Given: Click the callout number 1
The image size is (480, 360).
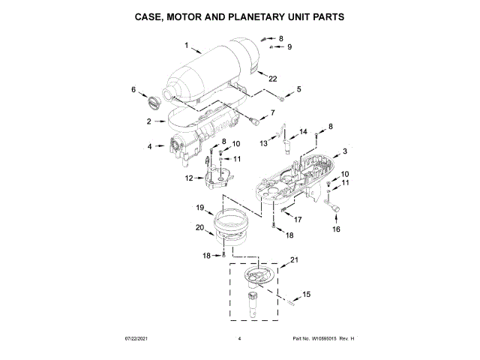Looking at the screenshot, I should [x=187, y=46].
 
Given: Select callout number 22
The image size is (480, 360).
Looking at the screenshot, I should [x=273, y=78].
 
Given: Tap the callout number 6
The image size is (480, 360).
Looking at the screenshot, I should [x=134, y=89].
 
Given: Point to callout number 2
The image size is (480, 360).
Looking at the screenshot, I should [x=149, y=121].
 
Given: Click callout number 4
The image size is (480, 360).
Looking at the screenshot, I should [x=149, y=146].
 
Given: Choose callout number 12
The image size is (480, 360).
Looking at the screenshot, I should [x=190, y=178].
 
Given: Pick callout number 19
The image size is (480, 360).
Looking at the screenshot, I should [x=201, y=207].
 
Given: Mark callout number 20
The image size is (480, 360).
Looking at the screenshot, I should [x=199, y=227].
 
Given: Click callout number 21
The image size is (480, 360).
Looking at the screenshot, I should [x=294, y=260].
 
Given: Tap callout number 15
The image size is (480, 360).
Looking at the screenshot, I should [x=306, y=294].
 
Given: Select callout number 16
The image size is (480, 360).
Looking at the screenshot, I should [x=336, y=229].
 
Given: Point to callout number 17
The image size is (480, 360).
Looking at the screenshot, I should [x=297, y=220].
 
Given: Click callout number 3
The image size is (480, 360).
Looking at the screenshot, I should [x=344, y=151].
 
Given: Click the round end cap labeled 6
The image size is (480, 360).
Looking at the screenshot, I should [x=154, y=101].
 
